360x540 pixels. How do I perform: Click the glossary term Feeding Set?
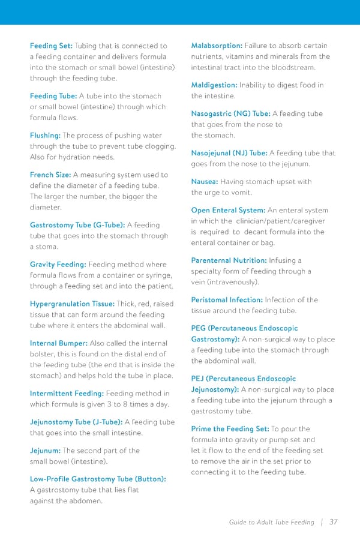[51, 46]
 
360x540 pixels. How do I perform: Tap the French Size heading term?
[50, 175]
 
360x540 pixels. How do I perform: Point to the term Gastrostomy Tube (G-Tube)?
[77, 225]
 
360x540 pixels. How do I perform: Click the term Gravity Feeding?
[58, 265]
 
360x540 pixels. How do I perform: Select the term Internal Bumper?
[59, 343]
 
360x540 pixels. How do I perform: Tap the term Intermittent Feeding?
[67, 394]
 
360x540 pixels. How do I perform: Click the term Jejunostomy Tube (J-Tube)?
[76, 422]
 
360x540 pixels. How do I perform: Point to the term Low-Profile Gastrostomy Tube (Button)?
[98, 479]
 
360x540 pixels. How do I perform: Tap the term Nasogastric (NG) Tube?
[230, 113]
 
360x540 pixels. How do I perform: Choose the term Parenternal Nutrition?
[229, 260]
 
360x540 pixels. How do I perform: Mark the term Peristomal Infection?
[227, 299]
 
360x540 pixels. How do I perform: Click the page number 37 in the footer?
[334, 522]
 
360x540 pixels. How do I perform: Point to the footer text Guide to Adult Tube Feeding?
[271, 523]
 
